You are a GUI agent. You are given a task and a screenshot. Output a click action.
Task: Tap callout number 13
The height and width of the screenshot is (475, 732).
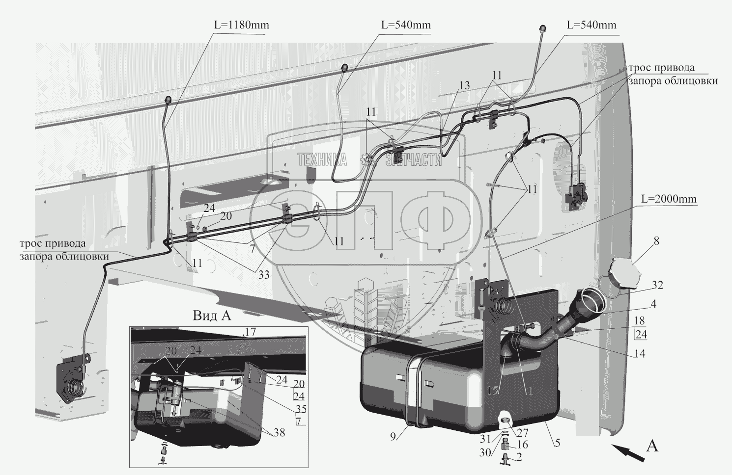click(x=464, y=85)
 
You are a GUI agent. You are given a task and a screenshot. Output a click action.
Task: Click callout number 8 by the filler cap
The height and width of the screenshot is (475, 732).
click(x=656, y=240)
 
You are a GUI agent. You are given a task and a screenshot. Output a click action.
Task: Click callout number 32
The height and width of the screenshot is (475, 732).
click(x=657, y=285)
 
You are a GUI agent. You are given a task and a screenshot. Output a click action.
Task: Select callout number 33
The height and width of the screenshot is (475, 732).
click(x=264, y=275)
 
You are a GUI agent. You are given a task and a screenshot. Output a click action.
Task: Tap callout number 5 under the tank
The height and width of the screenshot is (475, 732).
click(x=557, y=443)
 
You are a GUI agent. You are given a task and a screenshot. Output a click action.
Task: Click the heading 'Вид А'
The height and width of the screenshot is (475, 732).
click(x=211, y=316)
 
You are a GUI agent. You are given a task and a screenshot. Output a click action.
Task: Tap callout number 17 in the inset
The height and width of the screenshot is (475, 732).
click(x=251, y=332)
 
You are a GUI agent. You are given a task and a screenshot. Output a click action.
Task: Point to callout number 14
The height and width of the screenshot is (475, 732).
click(x=639, y=353)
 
